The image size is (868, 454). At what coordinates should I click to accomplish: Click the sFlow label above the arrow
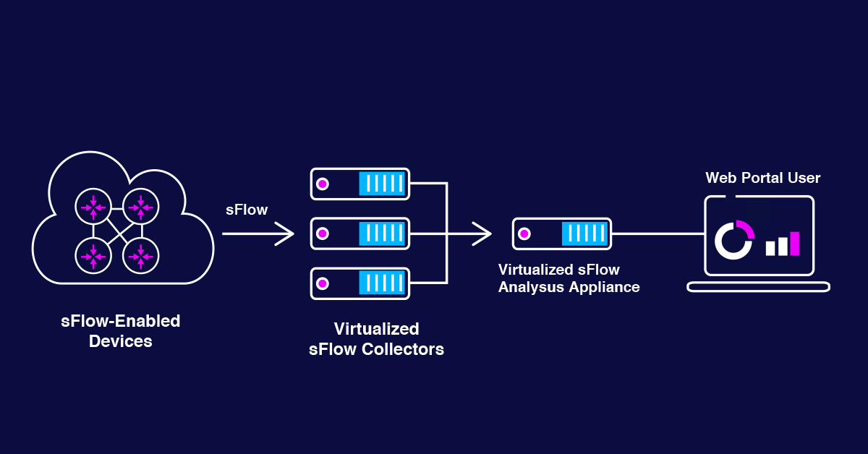point(247,210)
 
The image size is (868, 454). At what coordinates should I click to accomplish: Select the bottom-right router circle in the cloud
point(140,255)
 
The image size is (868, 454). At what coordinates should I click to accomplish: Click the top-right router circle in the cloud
point(140,207)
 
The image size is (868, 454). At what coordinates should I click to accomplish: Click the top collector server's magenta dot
point(323,184)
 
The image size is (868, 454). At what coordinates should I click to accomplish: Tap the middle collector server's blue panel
point(381,234)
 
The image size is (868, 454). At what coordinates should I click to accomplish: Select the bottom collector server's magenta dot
point(323,283)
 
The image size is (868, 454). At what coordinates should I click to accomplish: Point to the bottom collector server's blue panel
point(381,283)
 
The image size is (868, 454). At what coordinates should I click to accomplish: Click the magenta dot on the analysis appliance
point(525,234)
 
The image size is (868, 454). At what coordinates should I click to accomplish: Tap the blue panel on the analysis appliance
point(584,234)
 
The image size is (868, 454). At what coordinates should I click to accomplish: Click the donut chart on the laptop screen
point(734,239)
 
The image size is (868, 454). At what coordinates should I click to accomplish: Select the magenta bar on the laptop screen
point(795,244)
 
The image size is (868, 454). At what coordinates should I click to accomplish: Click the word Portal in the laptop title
point(767,178)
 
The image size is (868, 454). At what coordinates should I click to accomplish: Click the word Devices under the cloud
point(120,341)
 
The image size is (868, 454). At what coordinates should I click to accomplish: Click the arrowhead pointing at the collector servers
point(288,234)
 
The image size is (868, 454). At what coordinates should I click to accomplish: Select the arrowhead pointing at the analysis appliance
point(485,234)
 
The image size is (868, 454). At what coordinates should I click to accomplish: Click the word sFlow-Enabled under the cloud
point(120,320)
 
